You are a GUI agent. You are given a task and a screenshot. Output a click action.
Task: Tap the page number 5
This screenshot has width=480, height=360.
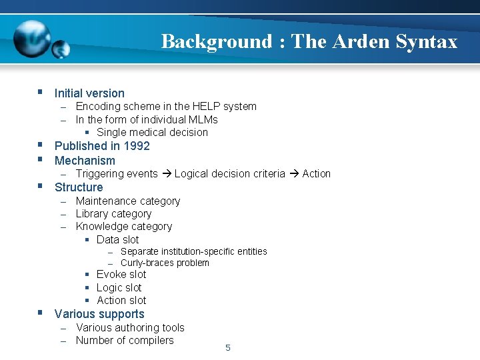pyautogui.click(x=228, y=347)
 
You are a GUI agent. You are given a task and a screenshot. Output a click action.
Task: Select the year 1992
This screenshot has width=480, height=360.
pyautogui.click(x=136, y=146)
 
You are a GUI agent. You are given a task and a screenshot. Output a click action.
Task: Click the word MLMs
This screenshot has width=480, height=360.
pyautogui.click(x=203, y=120)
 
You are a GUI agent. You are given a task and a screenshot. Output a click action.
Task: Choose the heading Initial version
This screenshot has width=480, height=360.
pyautogui.click(x=89, y=93)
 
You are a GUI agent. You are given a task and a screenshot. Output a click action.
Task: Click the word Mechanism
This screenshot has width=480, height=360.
pyautogui.click(x=85, y=161)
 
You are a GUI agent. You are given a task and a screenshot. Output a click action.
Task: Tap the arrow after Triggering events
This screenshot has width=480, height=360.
pyautogui.click(x=166, y=174)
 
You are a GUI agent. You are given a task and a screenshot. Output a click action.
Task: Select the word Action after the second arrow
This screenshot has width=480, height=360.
pyautogui.click(x=316, y=174)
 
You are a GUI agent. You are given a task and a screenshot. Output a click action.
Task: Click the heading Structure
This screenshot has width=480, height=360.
pyautogui.click(x=79, y=187)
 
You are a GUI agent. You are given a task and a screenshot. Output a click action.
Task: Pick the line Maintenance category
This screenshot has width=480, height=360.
pyautogui.click(x=127, y=201)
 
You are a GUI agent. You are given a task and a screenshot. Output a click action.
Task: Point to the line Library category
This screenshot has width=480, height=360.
pyautogui.click(x=113, y=214)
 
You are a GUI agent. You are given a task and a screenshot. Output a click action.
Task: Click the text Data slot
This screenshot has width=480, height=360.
pyautogui.click(x=117, y=240)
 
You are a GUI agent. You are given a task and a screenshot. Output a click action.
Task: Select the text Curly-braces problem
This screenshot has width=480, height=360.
pyautogui.click(x=165, y=263)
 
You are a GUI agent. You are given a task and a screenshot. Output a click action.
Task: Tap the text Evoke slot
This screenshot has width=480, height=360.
pyautogui.click(x=121, y=275)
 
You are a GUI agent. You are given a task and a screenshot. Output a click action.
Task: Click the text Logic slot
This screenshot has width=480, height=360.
pyautogui.click(x=119, y=288)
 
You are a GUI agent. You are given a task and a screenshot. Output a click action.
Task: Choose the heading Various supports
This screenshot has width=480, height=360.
pyautogui.click(x=99, y=314)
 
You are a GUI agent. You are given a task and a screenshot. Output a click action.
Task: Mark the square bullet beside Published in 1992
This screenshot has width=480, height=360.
pyautogui.click(x=41, y=145)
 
